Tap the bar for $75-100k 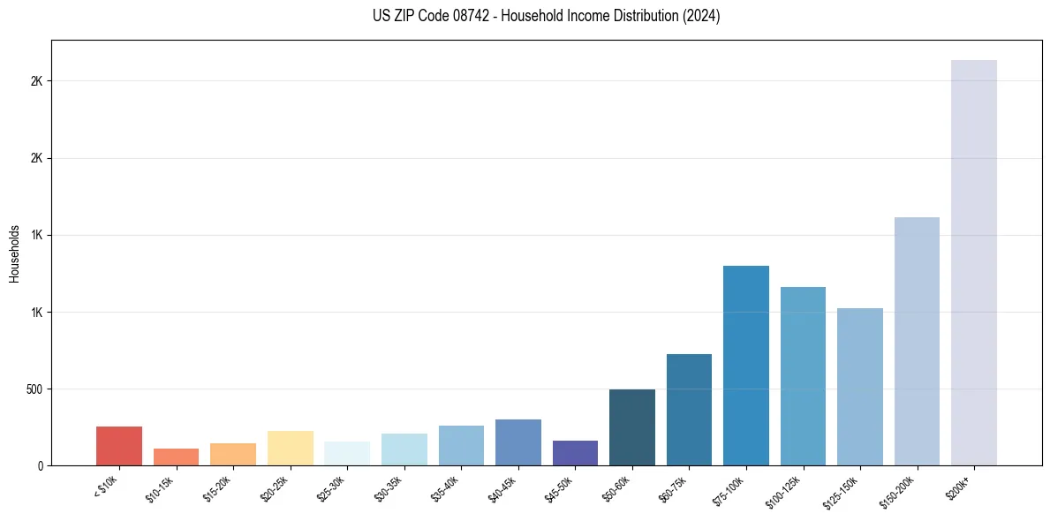[x=745, y=366]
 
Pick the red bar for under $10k [x=119, y=446]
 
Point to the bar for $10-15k [x=176, y=457]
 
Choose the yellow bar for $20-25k [x=290, y=448]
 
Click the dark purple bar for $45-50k [x=575, y=453]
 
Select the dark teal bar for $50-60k [x=632, y=427]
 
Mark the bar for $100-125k [x=803, y=376]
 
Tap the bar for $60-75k [x=689, y=410]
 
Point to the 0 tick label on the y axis [x=41, y=466]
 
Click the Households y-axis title [x=15, y=253]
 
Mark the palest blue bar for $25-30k [x=347, y=453]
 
